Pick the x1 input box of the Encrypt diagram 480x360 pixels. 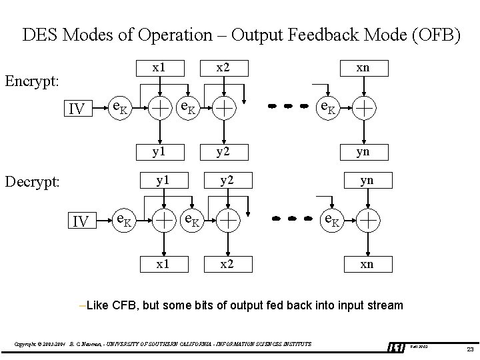click(x=159, y=68)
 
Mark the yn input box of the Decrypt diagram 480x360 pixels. click(x=366, y=181)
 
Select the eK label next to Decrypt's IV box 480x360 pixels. click(x=124, y=219)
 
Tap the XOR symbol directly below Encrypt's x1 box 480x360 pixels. click(x=159, y=106)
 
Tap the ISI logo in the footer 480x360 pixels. click(x=395, y=347)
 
